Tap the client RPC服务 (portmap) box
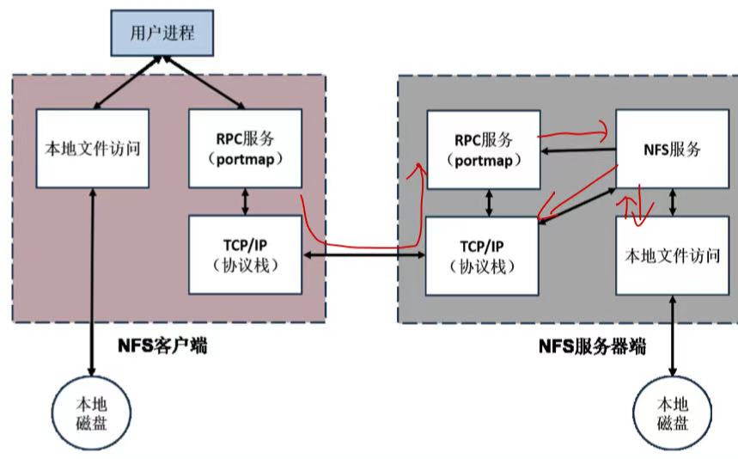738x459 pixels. (x=245, y=148)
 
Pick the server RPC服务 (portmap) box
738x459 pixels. (x=484, y=150)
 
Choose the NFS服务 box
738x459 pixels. (x=672, y=149)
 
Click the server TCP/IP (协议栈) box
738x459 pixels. (x=483, y=255)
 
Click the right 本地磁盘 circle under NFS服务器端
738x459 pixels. (x=672, y=412)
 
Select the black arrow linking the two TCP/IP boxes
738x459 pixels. (x=364, y=255)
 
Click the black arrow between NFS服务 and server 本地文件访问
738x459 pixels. (x=672, y=201)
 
